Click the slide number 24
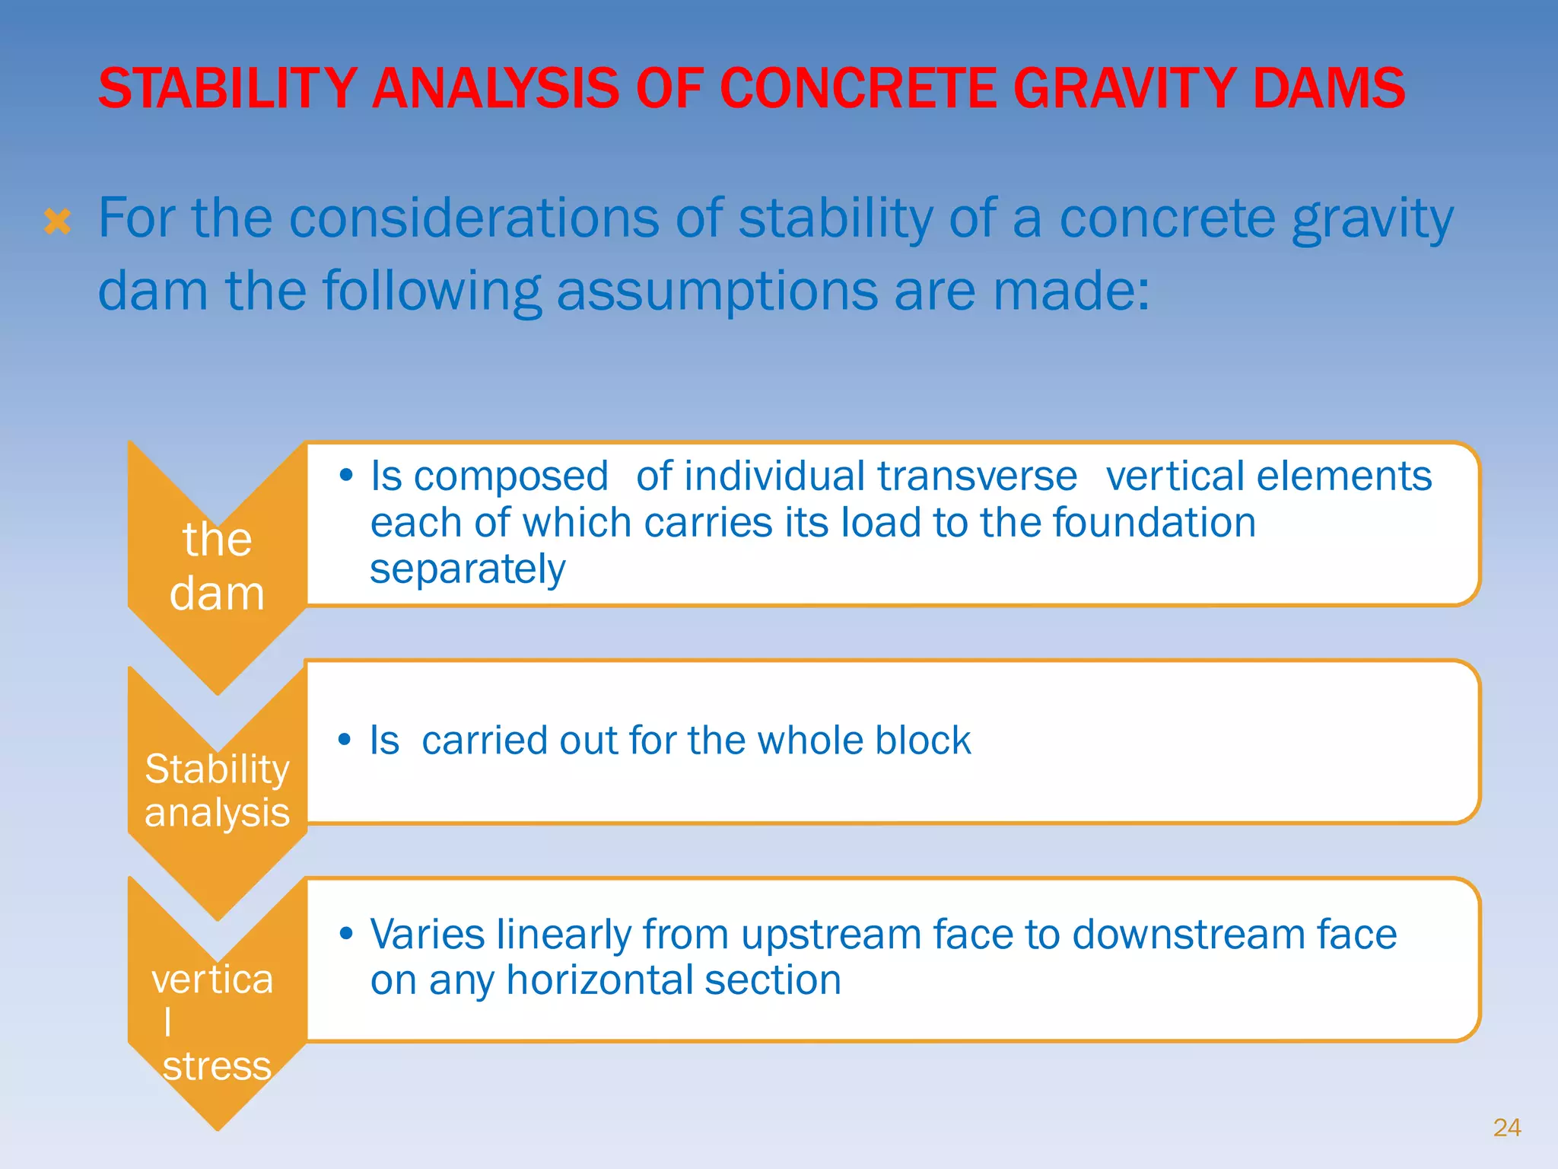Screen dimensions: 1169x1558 (1506, 1127)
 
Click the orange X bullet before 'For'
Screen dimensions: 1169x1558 (58, 222)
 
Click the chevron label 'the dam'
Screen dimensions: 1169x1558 (217, 565)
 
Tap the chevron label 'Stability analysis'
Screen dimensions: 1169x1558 (217, 790)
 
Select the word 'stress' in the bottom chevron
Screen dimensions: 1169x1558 (217, 1065)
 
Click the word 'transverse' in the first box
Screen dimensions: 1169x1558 (977, 477)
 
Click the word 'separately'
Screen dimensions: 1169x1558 (467, 569)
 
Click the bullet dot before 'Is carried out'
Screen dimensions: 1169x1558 (345, 739)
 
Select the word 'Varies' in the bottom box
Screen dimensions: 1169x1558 (426, 934)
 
